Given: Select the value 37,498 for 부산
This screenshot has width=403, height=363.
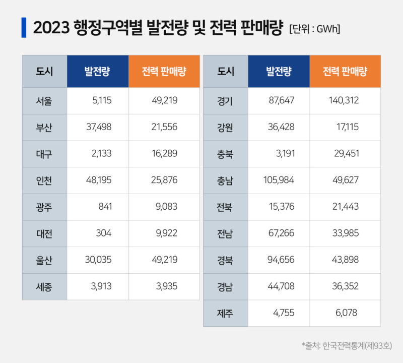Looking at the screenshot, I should pos(98,128).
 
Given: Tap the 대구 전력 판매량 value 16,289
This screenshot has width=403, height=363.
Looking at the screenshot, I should pos(164,154).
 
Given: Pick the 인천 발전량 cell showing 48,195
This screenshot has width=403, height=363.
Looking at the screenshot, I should pos(98,180).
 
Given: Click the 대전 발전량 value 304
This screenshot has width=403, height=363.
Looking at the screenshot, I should pos(104,233).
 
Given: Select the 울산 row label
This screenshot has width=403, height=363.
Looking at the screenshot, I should pos(44,260).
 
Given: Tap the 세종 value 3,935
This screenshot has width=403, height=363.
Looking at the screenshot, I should pos(166,286).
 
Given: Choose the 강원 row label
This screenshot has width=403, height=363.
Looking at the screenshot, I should pos(225,128).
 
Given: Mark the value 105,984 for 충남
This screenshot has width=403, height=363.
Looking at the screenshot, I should pos(279,180).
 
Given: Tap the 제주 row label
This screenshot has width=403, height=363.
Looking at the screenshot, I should pos(225,313).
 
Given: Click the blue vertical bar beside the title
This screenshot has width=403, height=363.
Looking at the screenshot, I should pos(24,27).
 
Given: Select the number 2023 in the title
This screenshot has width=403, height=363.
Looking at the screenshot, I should pos(51,28).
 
